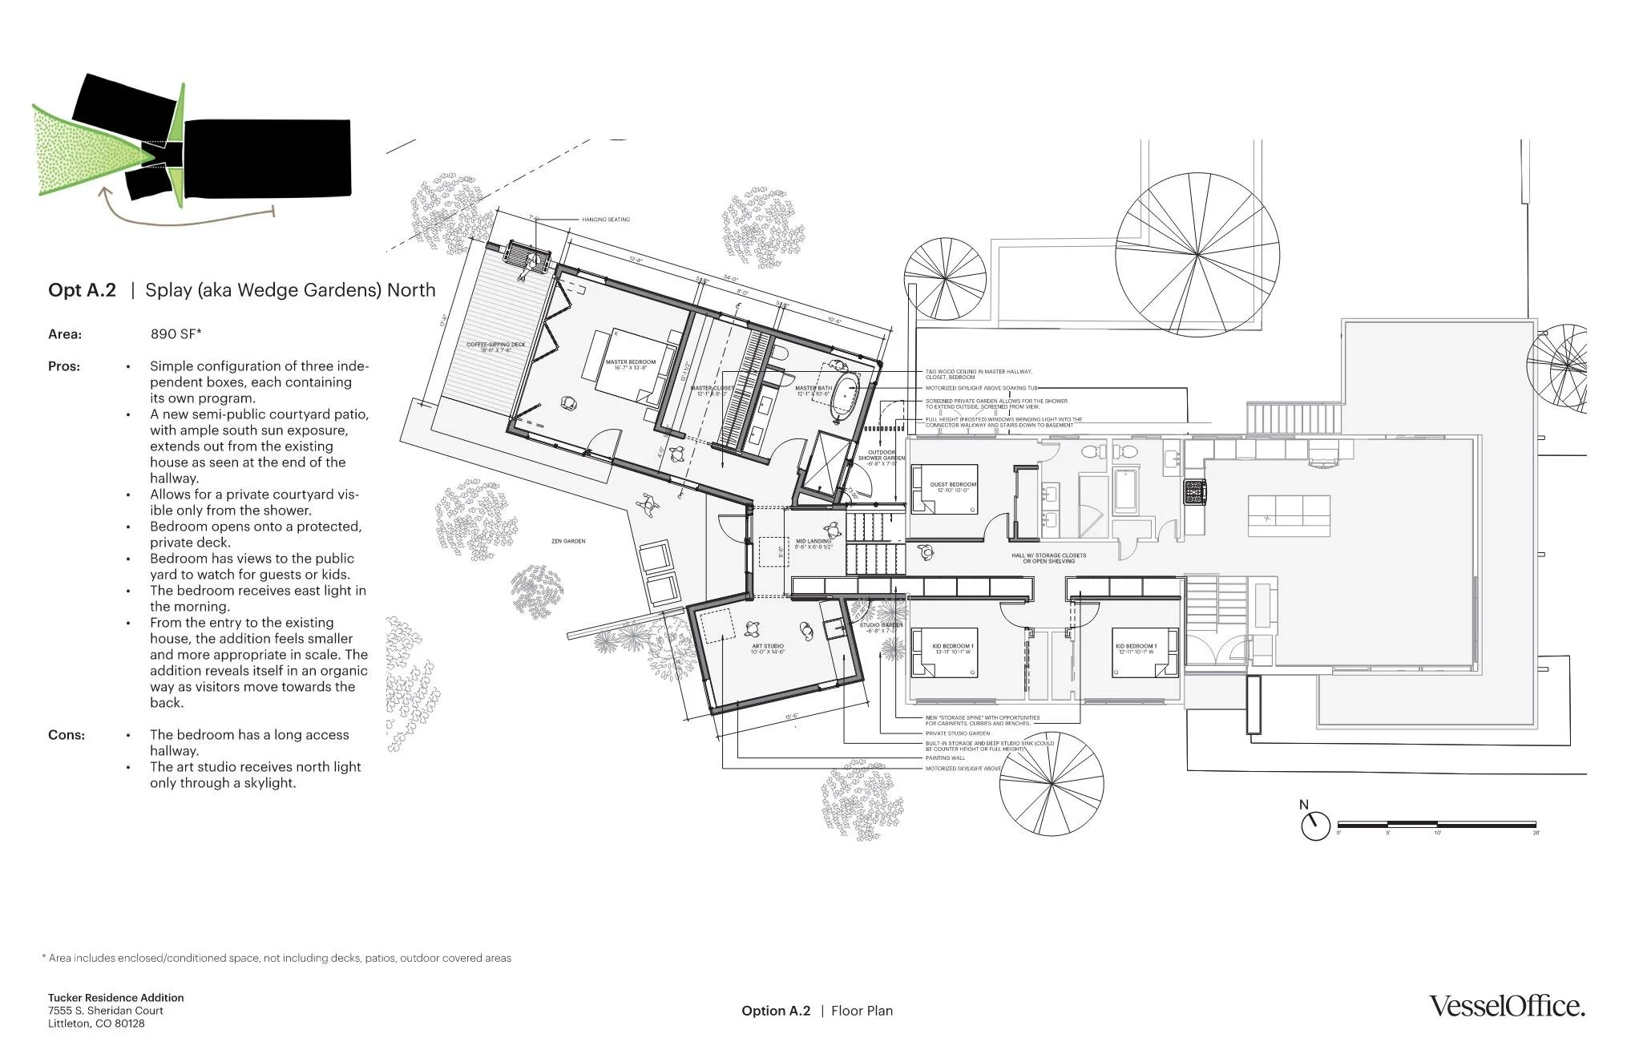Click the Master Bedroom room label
tap(630, 365)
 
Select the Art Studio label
tap(767, 648)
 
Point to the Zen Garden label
tap(567, 541)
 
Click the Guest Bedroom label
tap(953, 487)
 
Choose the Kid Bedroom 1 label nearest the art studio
tap(952, 648)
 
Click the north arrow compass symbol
tap(1314, 825)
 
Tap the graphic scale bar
tap(1436, 824)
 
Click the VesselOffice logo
tap(1507, 1006)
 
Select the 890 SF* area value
tap(176, 333)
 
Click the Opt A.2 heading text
tap(82, 290)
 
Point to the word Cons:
tap(66, 735)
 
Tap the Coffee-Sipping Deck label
tap(496, 347)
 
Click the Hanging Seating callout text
tap(605, 219)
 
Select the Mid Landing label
tap(813, 543)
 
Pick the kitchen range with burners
tap(1195, 491)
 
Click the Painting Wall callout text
tap(946, 757)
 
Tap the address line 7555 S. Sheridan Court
tap(105, 1011)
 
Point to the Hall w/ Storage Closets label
tap(1048, 558)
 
